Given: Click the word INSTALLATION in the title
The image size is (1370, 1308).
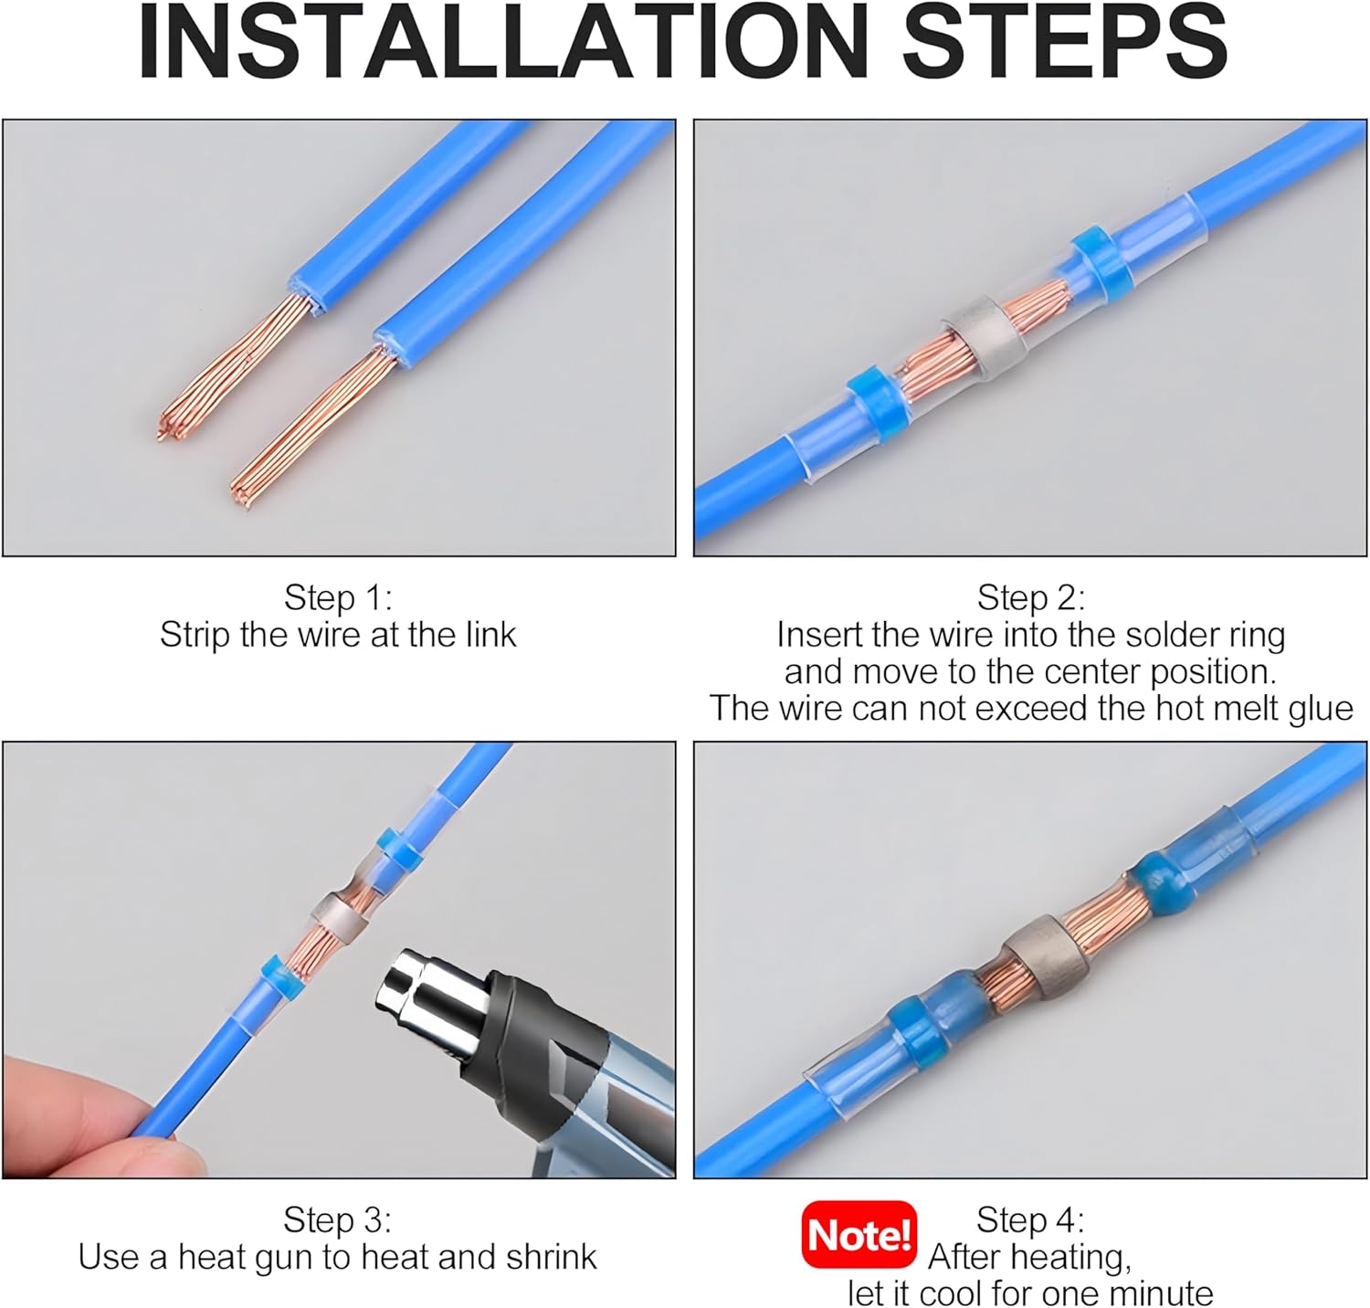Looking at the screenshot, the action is (x=502, y=42).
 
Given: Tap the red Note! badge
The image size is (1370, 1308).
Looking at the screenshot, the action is (x=859, y=1235).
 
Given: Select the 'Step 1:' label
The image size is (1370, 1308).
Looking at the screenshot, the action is (x=338, y=597).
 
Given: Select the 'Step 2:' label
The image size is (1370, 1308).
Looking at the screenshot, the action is (x=1031, y=597).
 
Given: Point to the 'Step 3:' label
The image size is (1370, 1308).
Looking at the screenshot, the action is (x=337, y=1219).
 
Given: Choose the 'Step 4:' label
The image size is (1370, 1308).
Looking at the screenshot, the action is (x=1030, y=1219).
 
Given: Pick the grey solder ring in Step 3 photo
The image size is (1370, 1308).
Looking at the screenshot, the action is (x=340, y=916).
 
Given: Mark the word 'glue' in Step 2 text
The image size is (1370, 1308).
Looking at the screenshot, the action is (x=1321, y=710).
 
